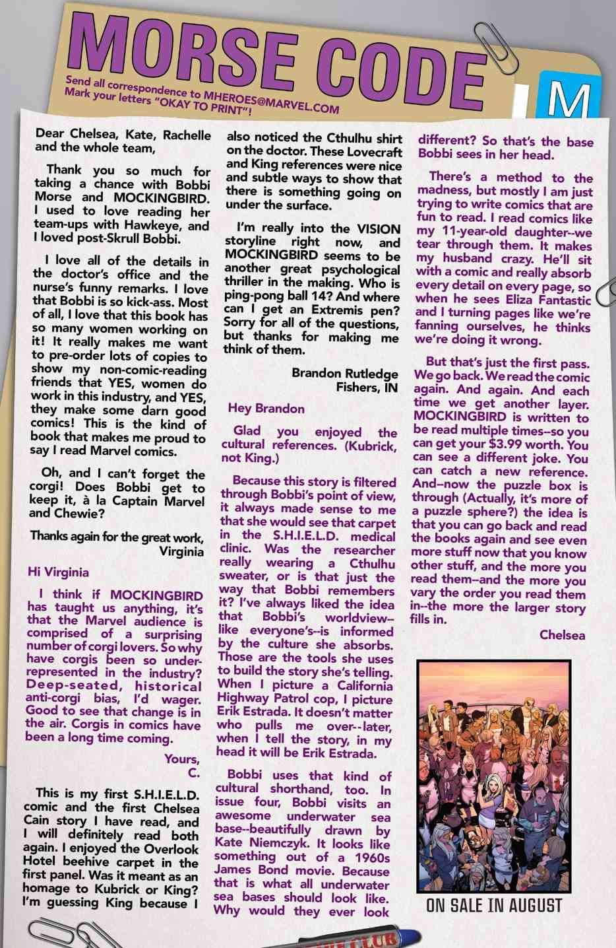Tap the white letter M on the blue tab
click(568, 101)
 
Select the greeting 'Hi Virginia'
click(57, 572)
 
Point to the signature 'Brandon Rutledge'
click(345, 373)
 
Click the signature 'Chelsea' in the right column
click(561, 635)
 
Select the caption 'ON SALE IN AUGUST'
click(494, 905)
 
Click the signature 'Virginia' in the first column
click(181, 551)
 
